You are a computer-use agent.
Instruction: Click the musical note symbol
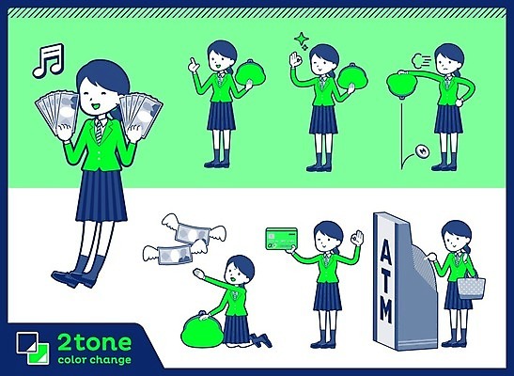click(48, 61)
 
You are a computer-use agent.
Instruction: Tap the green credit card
click(282, 239)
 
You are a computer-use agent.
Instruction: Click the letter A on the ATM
click(385, 248)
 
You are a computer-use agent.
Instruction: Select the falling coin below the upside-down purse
click(422, 151)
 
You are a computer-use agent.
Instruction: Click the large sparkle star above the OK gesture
click(301, 39)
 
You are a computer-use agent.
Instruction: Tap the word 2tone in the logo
click(94, 342)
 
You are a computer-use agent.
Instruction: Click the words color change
click(94, 360)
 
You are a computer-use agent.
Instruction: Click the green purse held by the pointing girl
click(250, 76)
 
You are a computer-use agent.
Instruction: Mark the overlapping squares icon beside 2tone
click(33, 348)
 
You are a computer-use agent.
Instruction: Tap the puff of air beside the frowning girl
click(421, 61)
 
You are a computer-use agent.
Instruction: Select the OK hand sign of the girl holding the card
click(357, 239)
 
